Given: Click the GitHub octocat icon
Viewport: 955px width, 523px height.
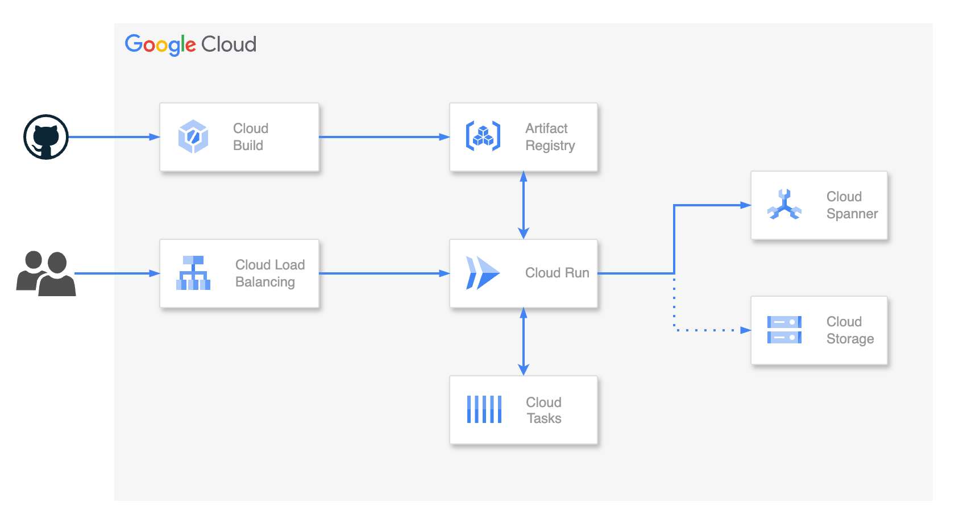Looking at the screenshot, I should (x=46, y=137).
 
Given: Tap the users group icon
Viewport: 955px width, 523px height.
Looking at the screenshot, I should (x=45, y=273).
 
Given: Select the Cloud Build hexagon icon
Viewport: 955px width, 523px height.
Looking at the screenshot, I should (x=193, y=136).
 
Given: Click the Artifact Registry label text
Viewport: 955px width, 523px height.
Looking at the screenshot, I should (x=550, y=137).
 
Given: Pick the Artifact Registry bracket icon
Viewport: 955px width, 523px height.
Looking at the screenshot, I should (x=483, y=136).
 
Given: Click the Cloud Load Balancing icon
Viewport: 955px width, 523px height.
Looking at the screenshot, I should (x=193, y=273).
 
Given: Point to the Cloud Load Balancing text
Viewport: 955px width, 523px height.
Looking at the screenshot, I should (x=270, y=273).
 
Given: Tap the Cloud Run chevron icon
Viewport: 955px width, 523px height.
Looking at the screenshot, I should (x=482, y=273).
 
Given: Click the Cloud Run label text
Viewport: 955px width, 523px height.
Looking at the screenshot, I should (x=557, y=273).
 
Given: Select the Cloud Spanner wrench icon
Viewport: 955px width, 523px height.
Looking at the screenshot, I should (x=784, y=205).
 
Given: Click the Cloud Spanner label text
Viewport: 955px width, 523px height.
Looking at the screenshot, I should (x=852, y=205).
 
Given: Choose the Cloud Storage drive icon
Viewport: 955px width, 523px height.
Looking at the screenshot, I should (x=784, y=330).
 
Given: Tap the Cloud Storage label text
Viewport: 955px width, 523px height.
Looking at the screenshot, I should (x=850, y=330).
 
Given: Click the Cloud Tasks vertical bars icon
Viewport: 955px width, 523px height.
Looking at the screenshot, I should (x=484, y=409).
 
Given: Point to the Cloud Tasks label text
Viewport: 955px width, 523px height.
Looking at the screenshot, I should (x=543, y=410).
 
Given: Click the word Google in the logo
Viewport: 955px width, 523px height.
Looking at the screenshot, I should (x=160, y=44).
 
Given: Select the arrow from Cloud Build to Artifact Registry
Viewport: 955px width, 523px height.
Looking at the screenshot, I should (x=384, y=137).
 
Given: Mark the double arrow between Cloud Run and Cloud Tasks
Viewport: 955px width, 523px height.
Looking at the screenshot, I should (x=524, y=341).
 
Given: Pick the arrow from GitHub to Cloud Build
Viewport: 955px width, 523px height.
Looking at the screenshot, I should (x=114, y=137).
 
